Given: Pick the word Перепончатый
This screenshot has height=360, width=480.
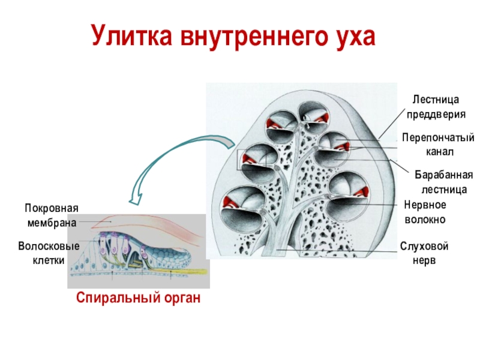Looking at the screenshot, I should (438, 139).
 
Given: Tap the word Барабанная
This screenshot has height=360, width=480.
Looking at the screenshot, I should (444, 175).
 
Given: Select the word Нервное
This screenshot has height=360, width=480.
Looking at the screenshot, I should (425, 205).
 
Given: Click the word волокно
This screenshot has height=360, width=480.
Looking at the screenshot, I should (425, 220).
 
